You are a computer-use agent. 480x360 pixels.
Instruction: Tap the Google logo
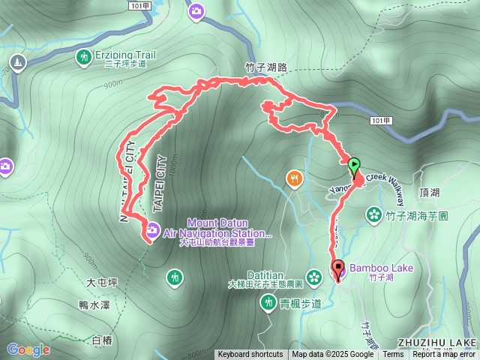pos(28,349)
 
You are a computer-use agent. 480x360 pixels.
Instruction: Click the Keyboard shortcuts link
pos(250,355)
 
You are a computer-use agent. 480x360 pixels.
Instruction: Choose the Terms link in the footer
pos(393,355)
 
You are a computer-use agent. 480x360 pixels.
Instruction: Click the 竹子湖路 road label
pos(266,67)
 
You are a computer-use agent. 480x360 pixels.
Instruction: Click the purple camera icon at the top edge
pos(196,10)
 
